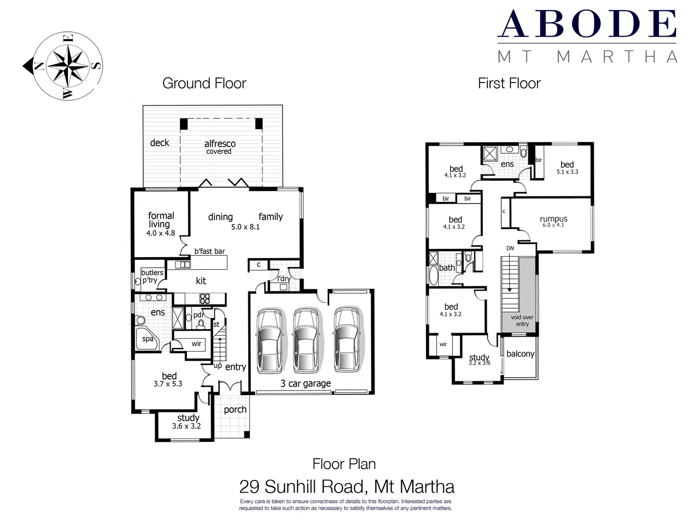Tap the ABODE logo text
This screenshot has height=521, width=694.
pyautogui.click(x=587, y=24)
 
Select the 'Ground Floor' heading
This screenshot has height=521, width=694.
pyautogui.click(x=204, y=83)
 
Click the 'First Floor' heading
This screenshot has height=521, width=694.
pyautogui.click(x=509, y=83)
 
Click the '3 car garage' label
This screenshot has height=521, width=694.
pyautogui.click(x=306, y=384)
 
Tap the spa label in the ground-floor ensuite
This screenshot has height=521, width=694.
pyautogui.click(x=147, y=339)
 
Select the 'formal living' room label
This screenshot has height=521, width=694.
pyautogui.click(x=160, y=220)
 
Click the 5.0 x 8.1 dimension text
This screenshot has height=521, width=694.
pyautogui.click(x=245, y=227)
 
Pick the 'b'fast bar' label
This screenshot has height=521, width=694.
pyautogui.click(x=210, y=251)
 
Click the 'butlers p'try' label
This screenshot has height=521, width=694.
pyautogui.click(x=152, y=276)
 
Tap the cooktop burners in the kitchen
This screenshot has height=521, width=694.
pyautogui.click(x=205, y=299)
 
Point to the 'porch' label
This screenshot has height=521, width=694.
pyautogui.click(x=235, y=410)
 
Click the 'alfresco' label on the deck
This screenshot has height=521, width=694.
pyautogui.click(x=220, y=144)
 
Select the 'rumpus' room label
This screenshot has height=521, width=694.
pyautogui.click(x=553, y=219)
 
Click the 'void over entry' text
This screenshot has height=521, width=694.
pyautogui.click(x=522, y=321)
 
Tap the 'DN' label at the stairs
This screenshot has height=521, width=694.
pyautogui.click(x=510, y=248)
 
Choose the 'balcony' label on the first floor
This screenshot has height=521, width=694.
pyautogui.click(x=520, y=354)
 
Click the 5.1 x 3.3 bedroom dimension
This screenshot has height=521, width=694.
pyautogui.click(x=567, y=172)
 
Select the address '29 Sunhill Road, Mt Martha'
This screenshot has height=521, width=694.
pyautogui.click(x=347, y=486)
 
